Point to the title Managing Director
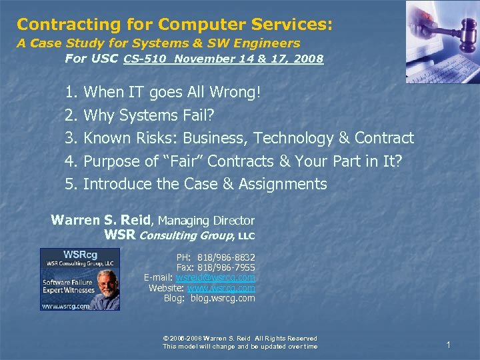206,221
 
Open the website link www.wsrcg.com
221,288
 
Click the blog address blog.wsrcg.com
223,298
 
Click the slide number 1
449,345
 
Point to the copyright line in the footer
240,339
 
